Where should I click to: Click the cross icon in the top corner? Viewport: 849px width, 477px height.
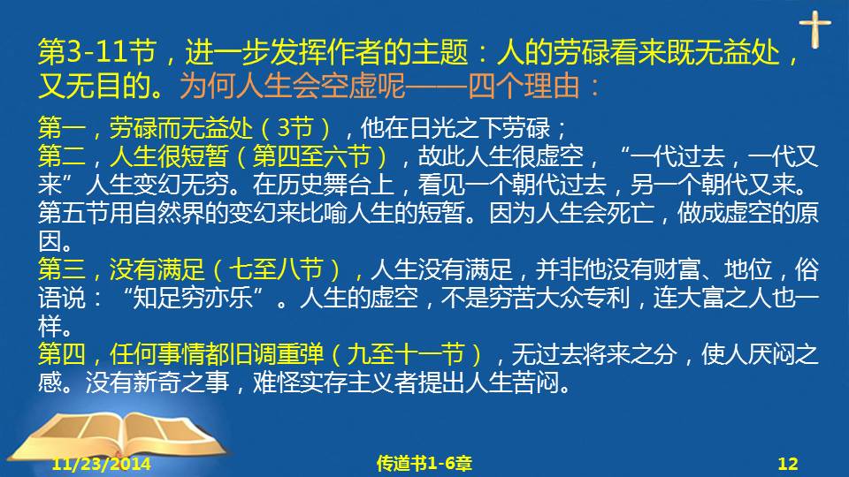tap(815, 30)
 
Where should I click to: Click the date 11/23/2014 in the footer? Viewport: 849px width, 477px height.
tap(101, 464)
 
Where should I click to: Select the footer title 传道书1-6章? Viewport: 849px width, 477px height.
tap(424, 464)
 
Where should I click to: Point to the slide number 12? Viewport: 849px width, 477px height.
tap(788, 464)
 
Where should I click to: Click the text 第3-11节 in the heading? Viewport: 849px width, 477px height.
tap(97, 52)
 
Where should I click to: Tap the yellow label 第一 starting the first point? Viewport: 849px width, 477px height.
tap(62, 128)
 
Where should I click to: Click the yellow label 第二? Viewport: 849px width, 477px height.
tap(62, 156)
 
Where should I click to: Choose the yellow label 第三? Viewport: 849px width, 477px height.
tap(62, 269)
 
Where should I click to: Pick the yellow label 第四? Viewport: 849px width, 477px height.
tap(62, 354)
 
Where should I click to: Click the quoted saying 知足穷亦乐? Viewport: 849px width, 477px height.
tap(193, 298)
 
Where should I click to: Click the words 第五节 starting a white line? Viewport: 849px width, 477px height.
tap(73, 213)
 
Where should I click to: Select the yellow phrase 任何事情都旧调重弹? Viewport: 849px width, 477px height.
tap(217, 354)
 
